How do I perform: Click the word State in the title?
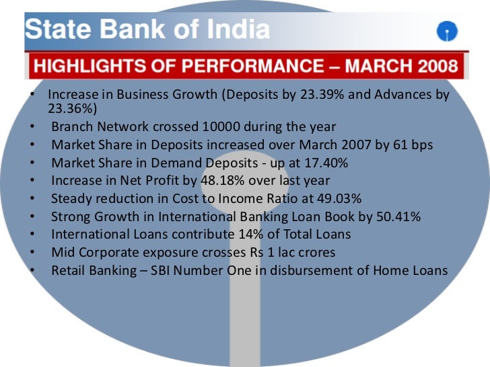52,30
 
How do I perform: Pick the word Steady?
69,198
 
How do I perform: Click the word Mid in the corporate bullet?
62,253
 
